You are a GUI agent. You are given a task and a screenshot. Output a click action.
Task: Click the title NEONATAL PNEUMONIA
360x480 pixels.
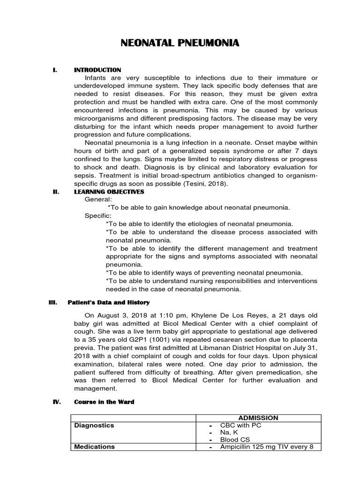coord(180,44)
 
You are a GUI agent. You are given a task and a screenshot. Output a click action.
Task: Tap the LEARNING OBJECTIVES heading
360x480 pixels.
coord(109,192)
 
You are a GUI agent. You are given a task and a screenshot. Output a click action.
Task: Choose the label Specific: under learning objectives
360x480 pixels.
coord(98,216)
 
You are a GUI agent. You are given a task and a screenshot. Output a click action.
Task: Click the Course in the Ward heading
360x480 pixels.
coord(104,402)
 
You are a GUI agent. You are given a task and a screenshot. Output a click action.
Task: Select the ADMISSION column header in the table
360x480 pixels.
coord(258,418)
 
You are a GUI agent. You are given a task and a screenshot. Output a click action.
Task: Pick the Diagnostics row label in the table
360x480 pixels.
coord(94,425)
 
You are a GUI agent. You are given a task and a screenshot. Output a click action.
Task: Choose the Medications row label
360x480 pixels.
coord(94,447)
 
